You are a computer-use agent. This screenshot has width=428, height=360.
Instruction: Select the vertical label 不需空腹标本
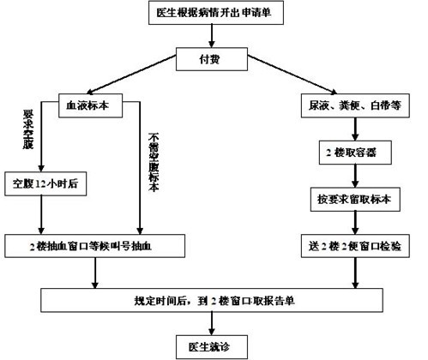point(154,163)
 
